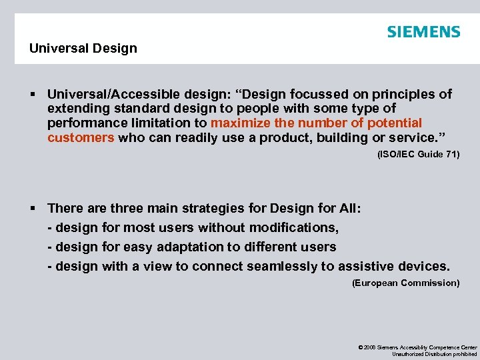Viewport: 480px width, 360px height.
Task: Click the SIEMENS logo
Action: coord(423,31)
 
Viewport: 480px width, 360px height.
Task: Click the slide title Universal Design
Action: coord(83,48)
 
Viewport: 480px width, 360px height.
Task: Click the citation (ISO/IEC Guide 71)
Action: coord(418,155)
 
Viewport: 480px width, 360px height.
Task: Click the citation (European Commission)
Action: coord(405,283)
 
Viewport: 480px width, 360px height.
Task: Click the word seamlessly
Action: coord(282,266)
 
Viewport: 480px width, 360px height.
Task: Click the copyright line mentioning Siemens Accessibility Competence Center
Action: coord(417,347)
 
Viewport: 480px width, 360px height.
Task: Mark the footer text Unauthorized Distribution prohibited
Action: coord(434,354)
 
